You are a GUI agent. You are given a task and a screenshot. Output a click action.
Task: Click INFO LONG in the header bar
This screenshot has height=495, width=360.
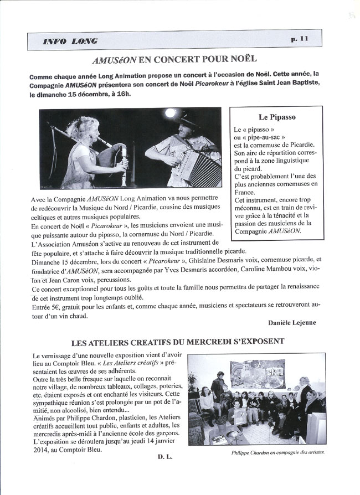click(x=70, y=41)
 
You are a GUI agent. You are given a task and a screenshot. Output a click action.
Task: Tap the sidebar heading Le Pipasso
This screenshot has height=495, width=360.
click(x=277, y=117)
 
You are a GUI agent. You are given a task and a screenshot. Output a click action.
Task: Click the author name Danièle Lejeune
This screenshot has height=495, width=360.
click(x=292, y=323)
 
